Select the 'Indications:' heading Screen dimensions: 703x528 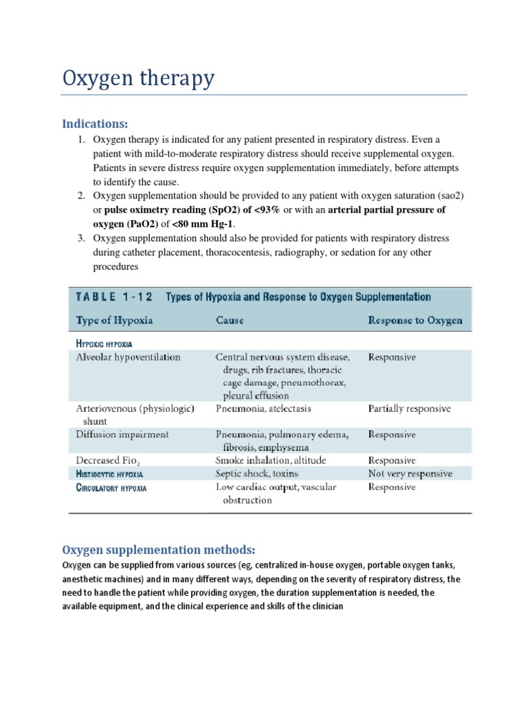tap(95, 124)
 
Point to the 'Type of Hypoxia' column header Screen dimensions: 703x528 tap(114, 321)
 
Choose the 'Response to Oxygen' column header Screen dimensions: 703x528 tap(415, 321)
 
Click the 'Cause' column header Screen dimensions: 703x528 tap(230, 321)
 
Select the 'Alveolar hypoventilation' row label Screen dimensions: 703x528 tap(128, 357)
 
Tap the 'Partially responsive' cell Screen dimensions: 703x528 tap(410, 408)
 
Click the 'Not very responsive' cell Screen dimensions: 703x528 tap(410, 474)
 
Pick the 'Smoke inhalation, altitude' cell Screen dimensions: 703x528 tap(271, 461)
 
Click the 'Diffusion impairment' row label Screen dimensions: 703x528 tap(122, 435)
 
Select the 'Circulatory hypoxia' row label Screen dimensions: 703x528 tap(111, 487)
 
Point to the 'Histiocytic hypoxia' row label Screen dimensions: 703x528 tap(109, 474)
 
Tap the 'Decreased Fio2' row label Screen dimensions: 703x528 tap(110, 461)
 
